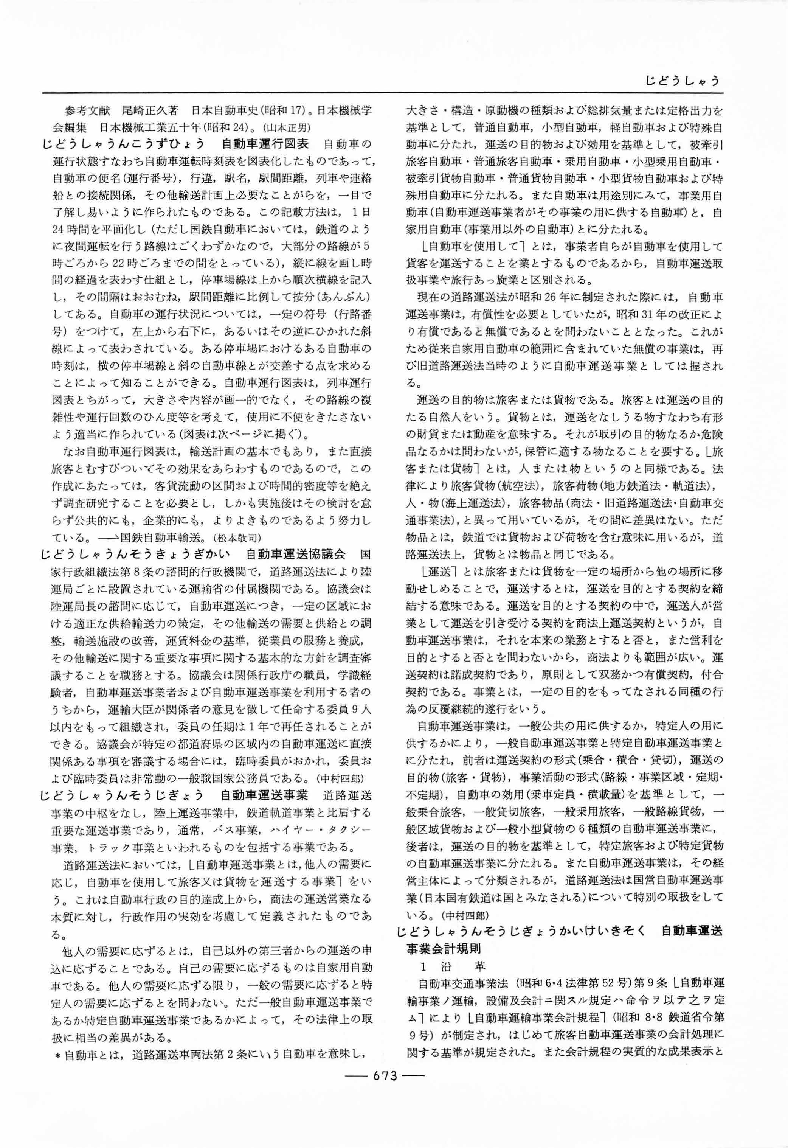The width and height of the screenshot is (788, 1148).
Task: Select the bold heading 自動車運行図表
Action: [x=265, y=144]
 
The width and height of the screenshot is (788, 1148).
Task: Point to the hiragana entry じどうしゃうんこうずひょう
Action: [x=123, y=144]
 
